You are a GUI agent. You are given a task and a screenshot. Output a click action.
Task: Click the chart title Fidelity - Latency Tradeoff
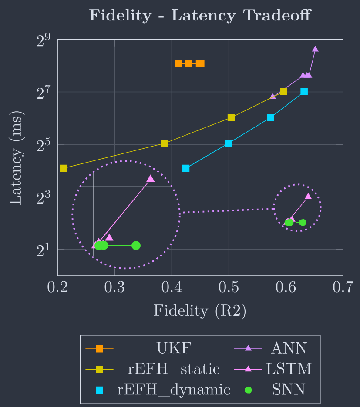pyautogui.click(x=200, y=16)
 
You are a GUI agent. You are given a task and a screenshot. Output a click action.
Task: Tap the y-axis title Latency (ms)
pyautogui.click(x=16, y=157)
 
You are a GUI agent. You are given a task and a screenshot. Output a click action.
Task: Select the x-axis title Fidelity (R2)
pyautogui.click(x=200, y=310)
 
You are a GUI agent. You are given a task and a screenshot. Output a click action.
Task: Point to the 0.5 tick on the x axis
pyautogui.click(x=229, y=288)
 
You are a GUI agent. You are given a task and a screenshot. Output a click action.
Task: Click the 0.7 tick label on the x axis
pyautogui.click(x=343, y=288)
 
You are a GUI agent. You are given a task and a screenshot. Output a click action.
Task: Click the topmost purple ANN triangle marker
pyautogui.click(x=315, y=49)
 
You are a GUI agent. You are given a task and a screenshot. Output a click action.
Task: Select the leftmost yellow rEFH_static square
pyautogui.click(x=63, y=168)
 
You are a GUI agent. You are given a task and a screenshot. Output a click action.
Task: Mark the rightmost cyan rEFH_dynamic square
pyautogui.click(x=304, y=91)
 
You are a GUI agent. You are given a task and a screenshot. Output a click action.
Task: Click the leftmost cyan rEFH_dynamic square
pyautogui.click(x=186, y=168)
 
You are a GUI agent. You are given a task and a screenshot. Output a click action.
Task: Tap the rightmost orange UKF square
pyautogui.click(x=200, y=64)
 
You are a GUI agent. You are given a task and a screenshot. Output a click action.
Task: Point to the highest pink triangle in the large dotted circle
pyautogui.click(x=151, y=178)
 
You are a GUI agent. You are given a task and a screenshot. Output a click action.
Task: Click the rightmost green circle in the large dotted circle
pyautogui.click(x=136, y=245)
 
